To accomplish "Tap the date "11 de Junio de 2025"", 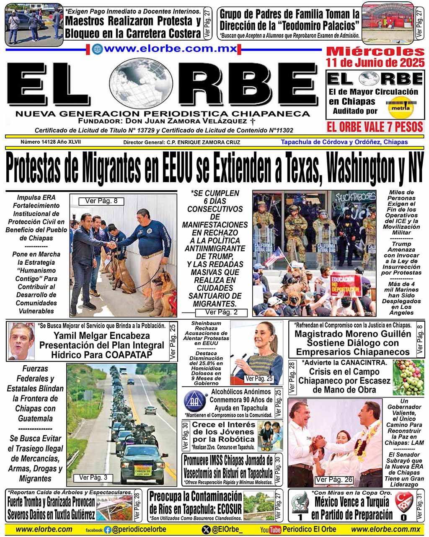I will (x=375, y=63).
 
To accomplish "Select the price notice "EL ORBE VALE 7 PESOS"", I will (x=375, y=127).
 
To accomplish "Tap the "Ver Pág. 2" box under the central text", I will (x=221, y=312).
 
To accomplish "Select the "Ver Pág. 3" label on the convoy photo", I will (x=93, y=477).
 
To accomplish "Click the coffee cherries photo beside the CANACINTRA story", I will (x=408, y=377).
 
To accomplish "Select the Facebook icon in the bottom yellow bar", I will (x=108, y=530).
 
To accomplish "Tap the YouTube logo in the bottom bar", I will (x=270, y=530).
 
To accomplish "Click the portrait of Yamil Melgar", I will (x=21, y=341).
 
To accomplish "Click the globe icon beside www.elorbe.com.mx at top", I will (x=97, y=49).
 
